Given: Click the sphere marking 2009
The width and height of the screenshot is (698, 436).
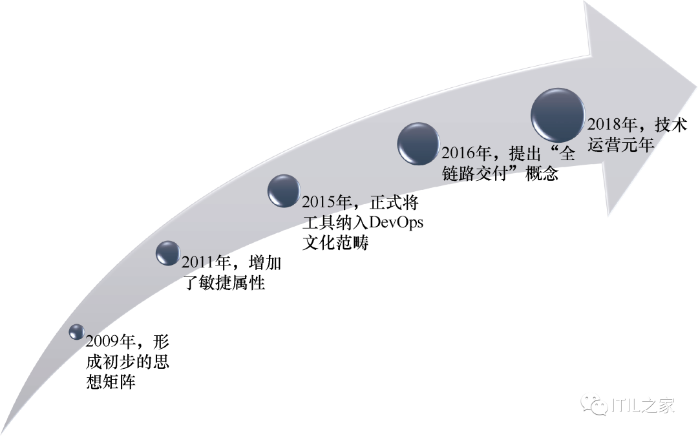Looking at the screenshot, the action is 77,331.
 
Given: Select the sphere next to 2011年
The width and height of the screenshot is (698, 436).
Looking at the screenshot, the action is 168,253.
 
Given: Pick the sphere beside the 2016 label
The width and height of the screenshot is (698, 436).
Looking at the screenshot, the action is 418,143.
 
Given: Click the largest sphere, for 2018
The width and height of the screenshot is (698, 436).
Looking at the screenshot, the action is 558,115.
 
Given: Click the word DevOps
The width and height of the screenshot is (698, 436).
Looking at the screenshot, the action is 396,223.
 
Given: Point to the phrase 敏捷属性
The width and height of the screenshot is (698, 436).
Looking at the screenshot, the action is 233,283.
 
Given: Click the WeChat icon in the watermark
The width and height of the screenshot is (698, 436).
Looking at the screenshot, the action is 594,405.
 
